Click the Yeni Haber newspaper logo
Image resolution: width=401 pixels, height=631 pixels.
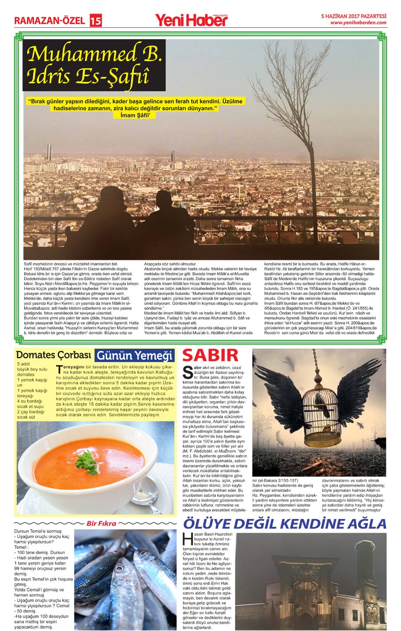tap(191, 20)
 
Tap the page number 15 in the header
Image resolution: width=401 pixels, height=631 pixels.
tap(96, 20)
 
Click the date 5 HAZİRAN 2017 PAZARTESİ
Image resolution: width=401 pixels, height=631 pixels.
tap(354, 15)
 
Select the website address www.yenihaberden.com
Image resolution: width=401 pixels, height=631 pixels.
tap(358, 22)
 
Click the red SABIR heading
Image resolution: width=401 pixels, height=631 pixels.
tap(211, 356)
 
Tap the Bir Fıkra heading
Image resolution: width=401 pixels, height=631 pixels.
tap(101, 523)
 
